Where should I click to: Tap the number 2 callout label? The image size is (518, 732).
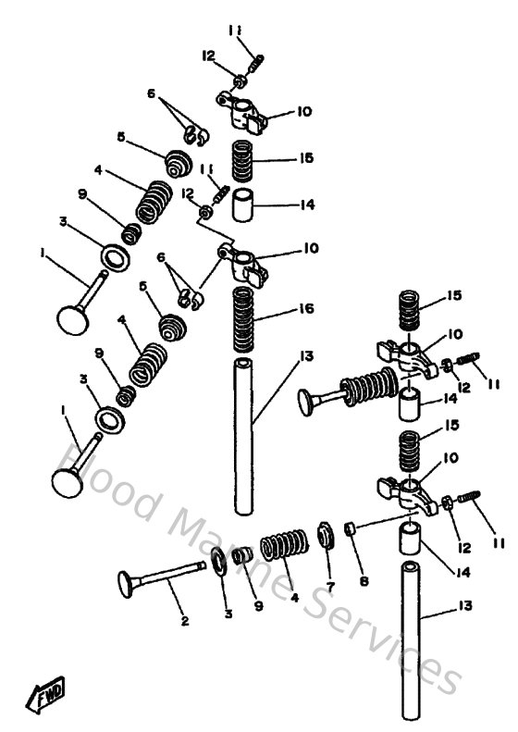point(184,620)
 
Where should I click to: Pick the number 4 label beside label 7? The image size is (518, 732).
point(294,598)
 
